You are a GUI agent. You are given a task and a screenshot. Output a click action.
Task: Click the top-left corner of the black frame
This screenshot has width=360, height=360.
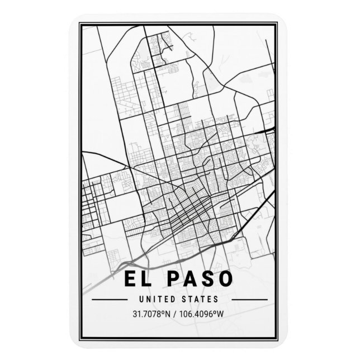(79, 23)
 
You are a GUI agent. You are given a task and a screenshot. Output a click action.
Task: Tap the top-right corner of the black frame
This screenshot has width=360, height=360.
(278, 23)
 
